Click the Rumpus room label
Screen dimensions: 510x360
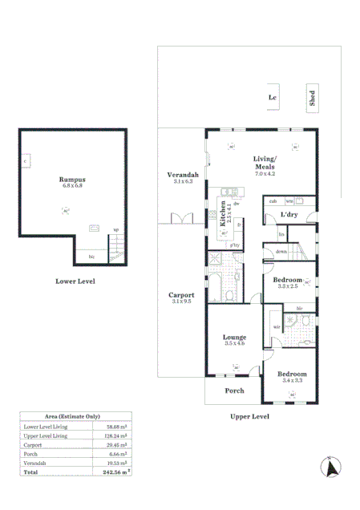click(71, 180)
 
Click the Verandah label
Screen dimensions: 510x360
click(182, 175)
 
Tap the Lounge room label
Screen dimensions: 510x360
click(234, 338)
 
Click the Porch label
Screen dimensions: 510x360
click(233, 391)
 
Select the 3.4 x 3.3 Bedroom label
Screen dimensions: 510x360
click(292, 374)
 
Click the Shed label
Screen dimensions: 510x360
click(312, 99)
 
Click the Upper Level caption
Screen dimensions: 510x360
click(249, 417)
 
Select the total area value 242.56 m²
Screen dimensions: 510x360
click(119, 472)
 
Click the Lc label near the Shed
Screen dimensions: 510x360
click(272, 99)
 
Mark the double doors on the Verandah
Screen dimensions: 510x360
click(182, 218)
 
